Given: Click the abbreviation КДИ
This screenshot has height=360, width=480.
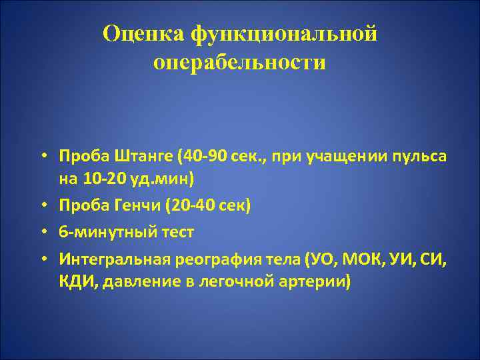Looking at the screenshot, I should pos(75,280).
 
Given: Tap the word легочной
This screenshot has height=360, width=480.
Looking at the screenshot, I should pos(230,280).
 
